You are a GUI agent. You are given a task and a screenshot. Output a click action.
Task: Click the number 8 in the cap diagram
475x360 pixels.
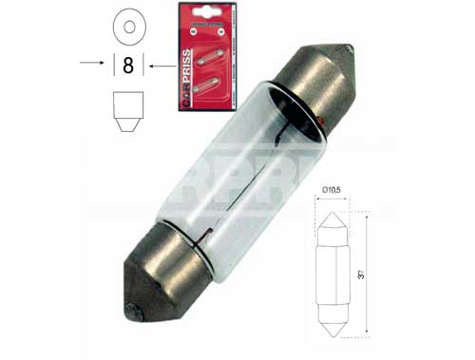point(128,66)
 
